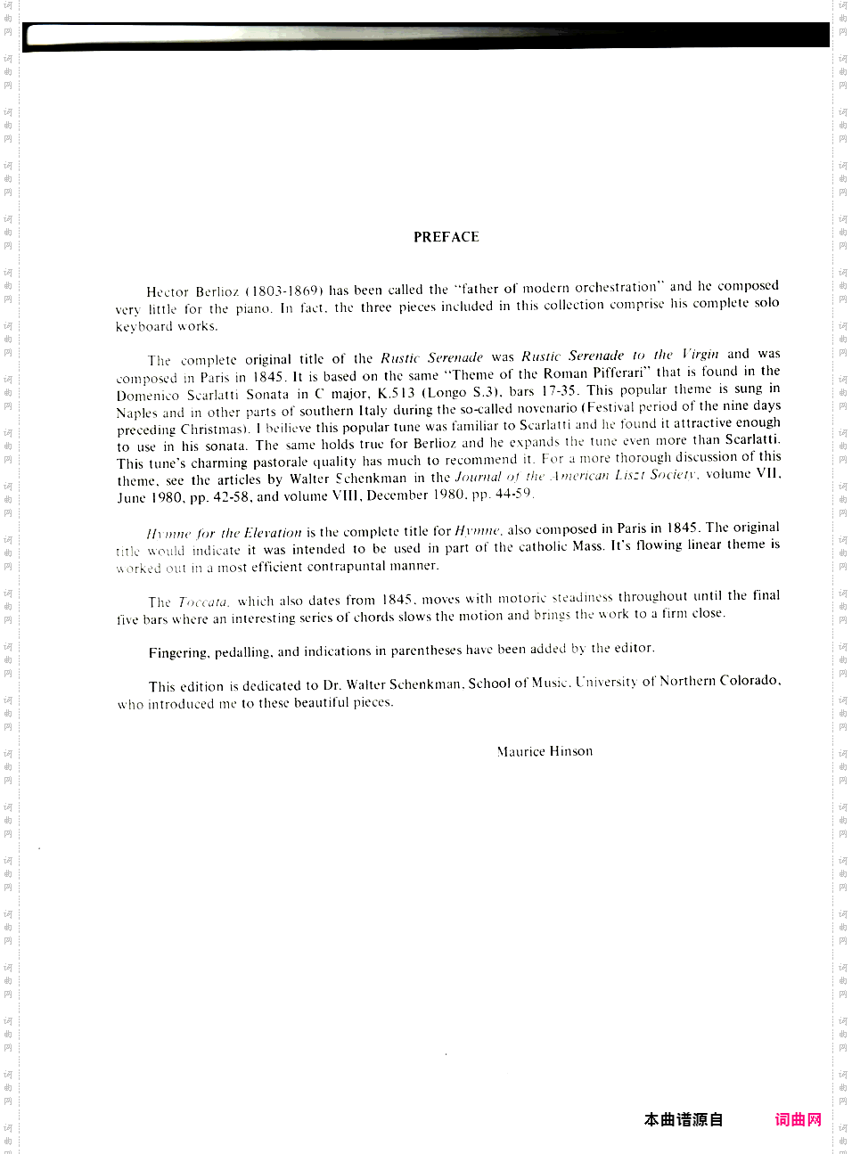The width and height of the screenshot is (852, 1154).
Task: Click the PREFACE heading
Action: click(x=446, y=237)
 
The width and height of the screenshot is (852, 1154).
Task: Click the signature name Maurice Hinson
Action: click(x=545, y=751)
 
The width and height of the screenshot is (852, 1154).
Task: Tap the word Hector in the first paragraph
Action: click(x=167, y=291)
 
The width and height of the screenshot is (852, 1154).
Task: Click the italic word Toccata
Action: click(x=203, y=602)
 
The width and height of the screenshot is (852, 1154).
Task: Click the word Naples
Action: click(x=137, y=413)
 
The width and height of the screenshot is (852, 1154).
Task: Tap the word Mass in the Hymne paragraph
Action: click(x=586, y=546)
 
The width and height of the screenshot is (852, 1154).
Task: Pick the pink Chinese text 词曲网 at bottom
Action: click(x=798, y=1119)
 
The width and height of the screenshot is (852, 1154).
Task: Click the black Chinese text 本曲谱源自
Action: click(x=684, y=1119)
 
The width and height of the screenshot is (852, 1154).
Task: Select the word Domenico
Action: click(x=147, y=395)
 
